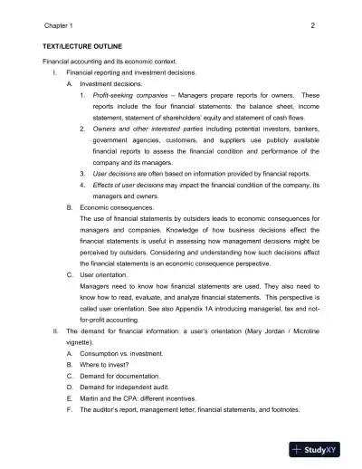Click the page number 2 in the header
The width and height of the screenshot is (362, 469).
point(311,25)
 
